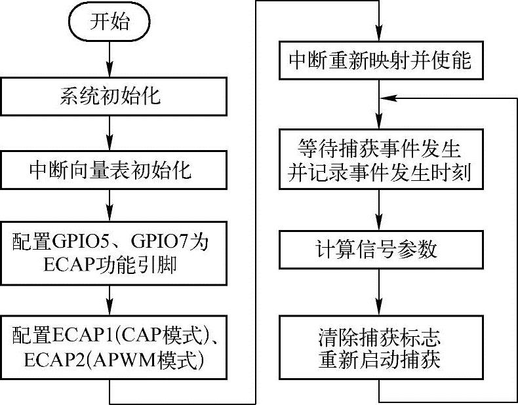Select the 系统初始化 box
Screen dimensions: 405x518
(x=110, y=98)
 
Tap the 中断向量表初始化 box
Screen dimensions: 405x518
(x=110, y=171)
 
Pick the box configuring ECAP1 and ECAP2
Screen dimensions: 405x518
(x=110, y=348)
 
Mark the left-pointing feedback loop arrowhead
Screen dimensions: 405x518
(x=388, y=98)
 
